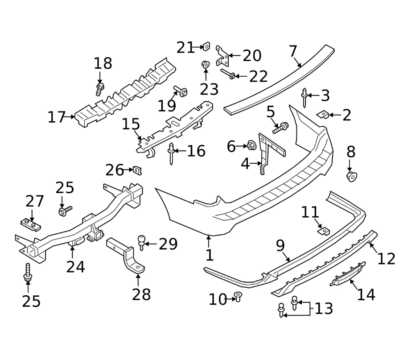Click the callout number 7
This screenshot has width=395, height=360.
coord(293,51)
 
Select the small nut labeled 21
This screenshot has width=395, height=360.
coord(206,46)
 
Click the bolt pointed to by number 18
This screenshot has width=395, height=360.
coord(100,89)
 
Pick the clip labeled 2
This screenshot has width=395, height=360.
coord(323,115)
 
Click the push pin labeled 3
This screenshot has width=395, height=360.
coord(304,98)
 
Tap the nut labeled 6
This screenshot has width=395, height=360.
coord(251,145)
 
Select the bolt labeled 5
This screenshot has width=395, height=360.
coord(280,128)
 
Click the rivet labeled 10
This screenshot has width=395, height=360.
coord(238,297)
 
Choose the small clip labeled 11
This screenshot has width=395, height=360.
coord(324,231)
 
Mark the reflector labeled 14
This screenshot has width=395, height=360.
coord(348,274)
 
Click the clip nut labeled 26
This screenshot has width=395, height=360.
coord(137,171)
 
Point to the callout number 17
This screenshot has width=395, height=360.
coord(57,117)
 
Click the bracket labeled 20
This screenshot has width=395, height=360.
coord(222,56)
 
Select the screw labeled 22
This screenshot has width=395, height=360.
coord(228,74)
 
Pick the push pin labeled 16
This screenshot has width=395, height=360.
coord(171,154)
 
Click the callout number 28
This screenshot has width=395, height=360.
coord(141,294)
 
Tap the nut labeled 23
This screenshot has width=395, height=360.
coord(206,64)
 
